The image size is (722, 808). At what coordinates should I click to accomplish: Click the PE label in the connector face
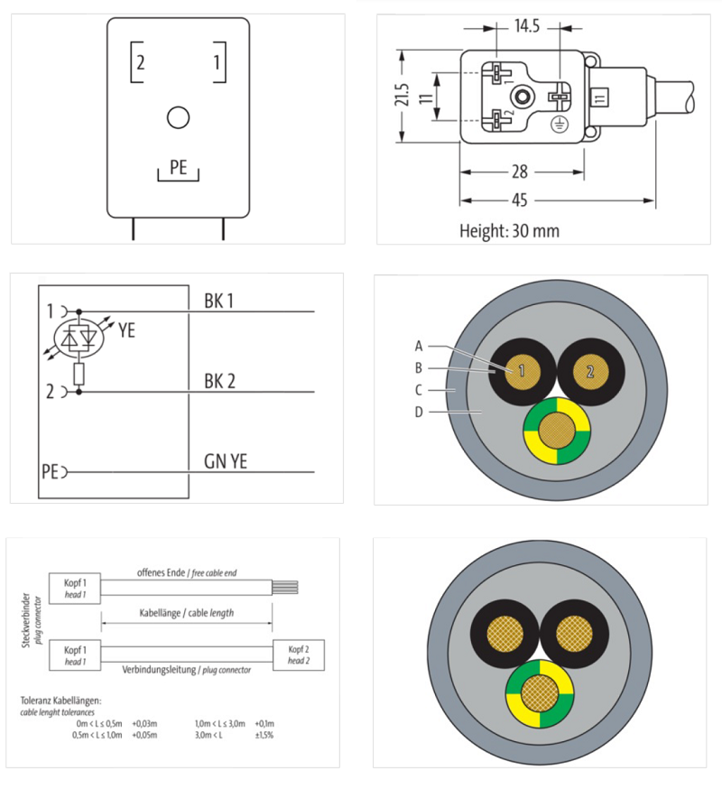[x=179, y=168]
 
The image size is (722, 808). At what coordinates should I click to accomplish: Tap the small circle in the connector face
[x=179, y=117]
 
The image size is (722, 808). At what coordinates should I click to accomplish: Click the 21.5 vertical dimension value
[x=403, y=96]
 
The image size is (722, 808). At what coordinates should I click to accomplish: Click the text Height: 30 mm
[x=509, y=231]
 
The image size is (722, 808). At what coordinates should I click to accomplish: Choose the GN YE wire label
[x=225, y=461]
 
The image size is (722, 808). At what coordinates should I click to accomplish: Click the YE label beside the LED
[x=126, y=331]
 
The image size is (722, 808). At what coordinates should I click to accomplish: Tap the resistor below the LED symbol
[x=79, y=372]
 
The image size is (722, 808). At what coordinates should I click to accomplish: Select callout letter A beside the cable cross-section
[x=419, y=345]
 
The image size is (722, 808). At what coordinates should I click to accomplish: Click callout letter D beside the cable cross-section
[x=419, y=413]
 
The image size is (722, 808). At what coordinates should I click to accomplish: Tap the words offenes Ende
[x=162, y=572]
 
